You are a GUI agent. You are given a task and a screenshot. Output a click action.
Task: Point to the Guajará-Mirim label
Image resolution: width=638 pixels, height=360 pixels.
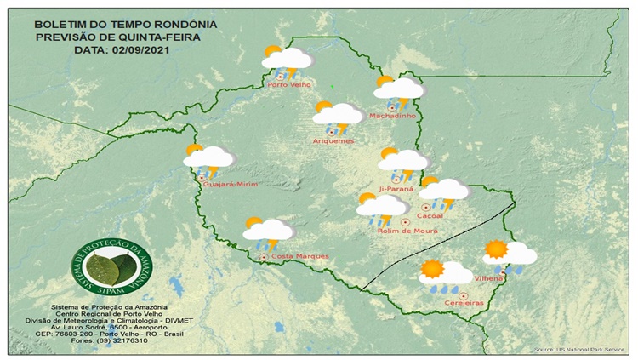230,183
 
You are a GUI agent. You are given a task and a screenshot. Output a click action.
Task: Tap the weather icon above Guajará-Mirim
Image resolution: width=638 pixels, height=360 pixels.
208,158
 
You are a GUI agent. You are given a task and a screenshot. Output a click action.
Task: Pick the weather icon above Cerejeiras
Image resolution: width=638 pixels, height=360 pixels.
444,274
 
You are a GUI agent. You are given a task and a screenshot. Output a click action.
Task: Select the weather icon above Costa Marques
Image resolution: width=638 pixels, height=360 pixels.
267,231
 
